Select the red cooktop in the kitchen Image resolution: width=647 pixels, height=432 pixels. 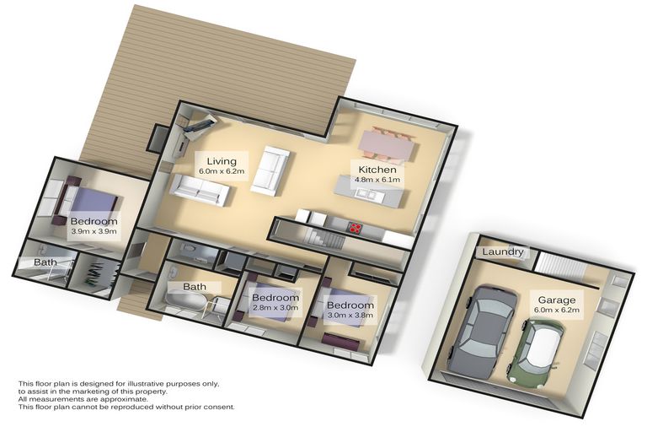click(356, 226)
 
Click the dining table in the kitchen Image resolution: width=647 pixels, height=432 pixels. click(388, 143)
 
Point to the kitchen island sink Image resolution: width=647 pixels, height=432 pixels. click(365, 194)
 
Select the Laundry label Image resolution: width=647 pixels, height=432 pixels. click(504, 252)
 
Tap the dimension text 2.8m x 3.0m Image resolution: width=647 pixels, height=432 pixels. click(275, 309)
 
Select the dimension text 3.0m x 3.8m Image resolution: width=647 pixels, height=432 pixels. click(350, 316)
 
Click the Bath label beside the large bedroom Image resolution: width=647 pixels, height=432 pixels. click(45, 262)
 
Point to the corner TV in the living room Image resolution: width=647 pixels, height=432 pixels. click(199, 125)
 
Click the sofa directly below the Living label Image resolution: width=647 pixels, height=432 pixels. click(201, 189)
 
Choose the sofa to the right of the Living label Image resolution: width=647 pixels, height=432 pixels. click(271, 169)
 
